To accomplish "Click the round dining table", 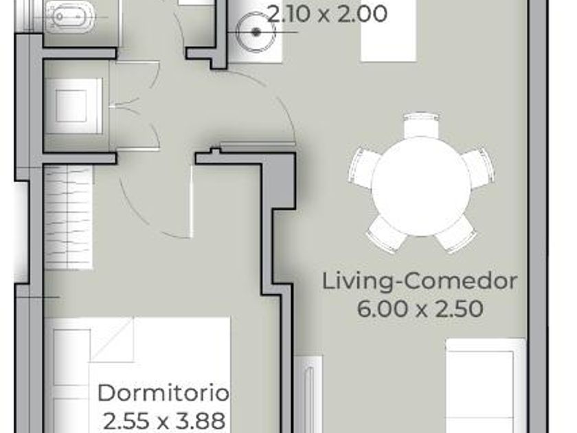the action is (422, 187).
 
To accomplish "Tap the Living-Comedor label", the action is (420, 282).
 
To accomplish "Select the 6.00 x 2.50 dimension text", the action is (420, 309).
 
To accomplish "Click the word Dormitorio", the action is (163, 393).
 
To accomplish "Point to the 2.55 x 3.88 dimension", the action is (164, 420).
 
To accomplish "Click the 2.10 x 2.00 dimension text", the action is (327, 14).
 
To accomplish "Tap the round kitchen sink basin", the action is (256, 32).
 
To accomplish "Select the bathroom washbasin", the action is (70, 17).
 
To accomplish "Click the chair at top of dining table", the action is (422, 126).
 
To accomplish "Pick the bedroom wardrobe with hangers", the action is (69, 217).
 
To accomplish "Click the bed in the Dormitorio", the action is (137, 375).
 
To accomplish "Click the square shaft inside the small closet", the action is (71, 106).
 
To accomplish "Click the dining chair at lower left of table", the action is (385, 233).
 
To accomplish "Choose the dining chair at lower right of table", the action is (457, 234).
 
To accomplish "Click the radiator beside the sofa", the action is (309, 394).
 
